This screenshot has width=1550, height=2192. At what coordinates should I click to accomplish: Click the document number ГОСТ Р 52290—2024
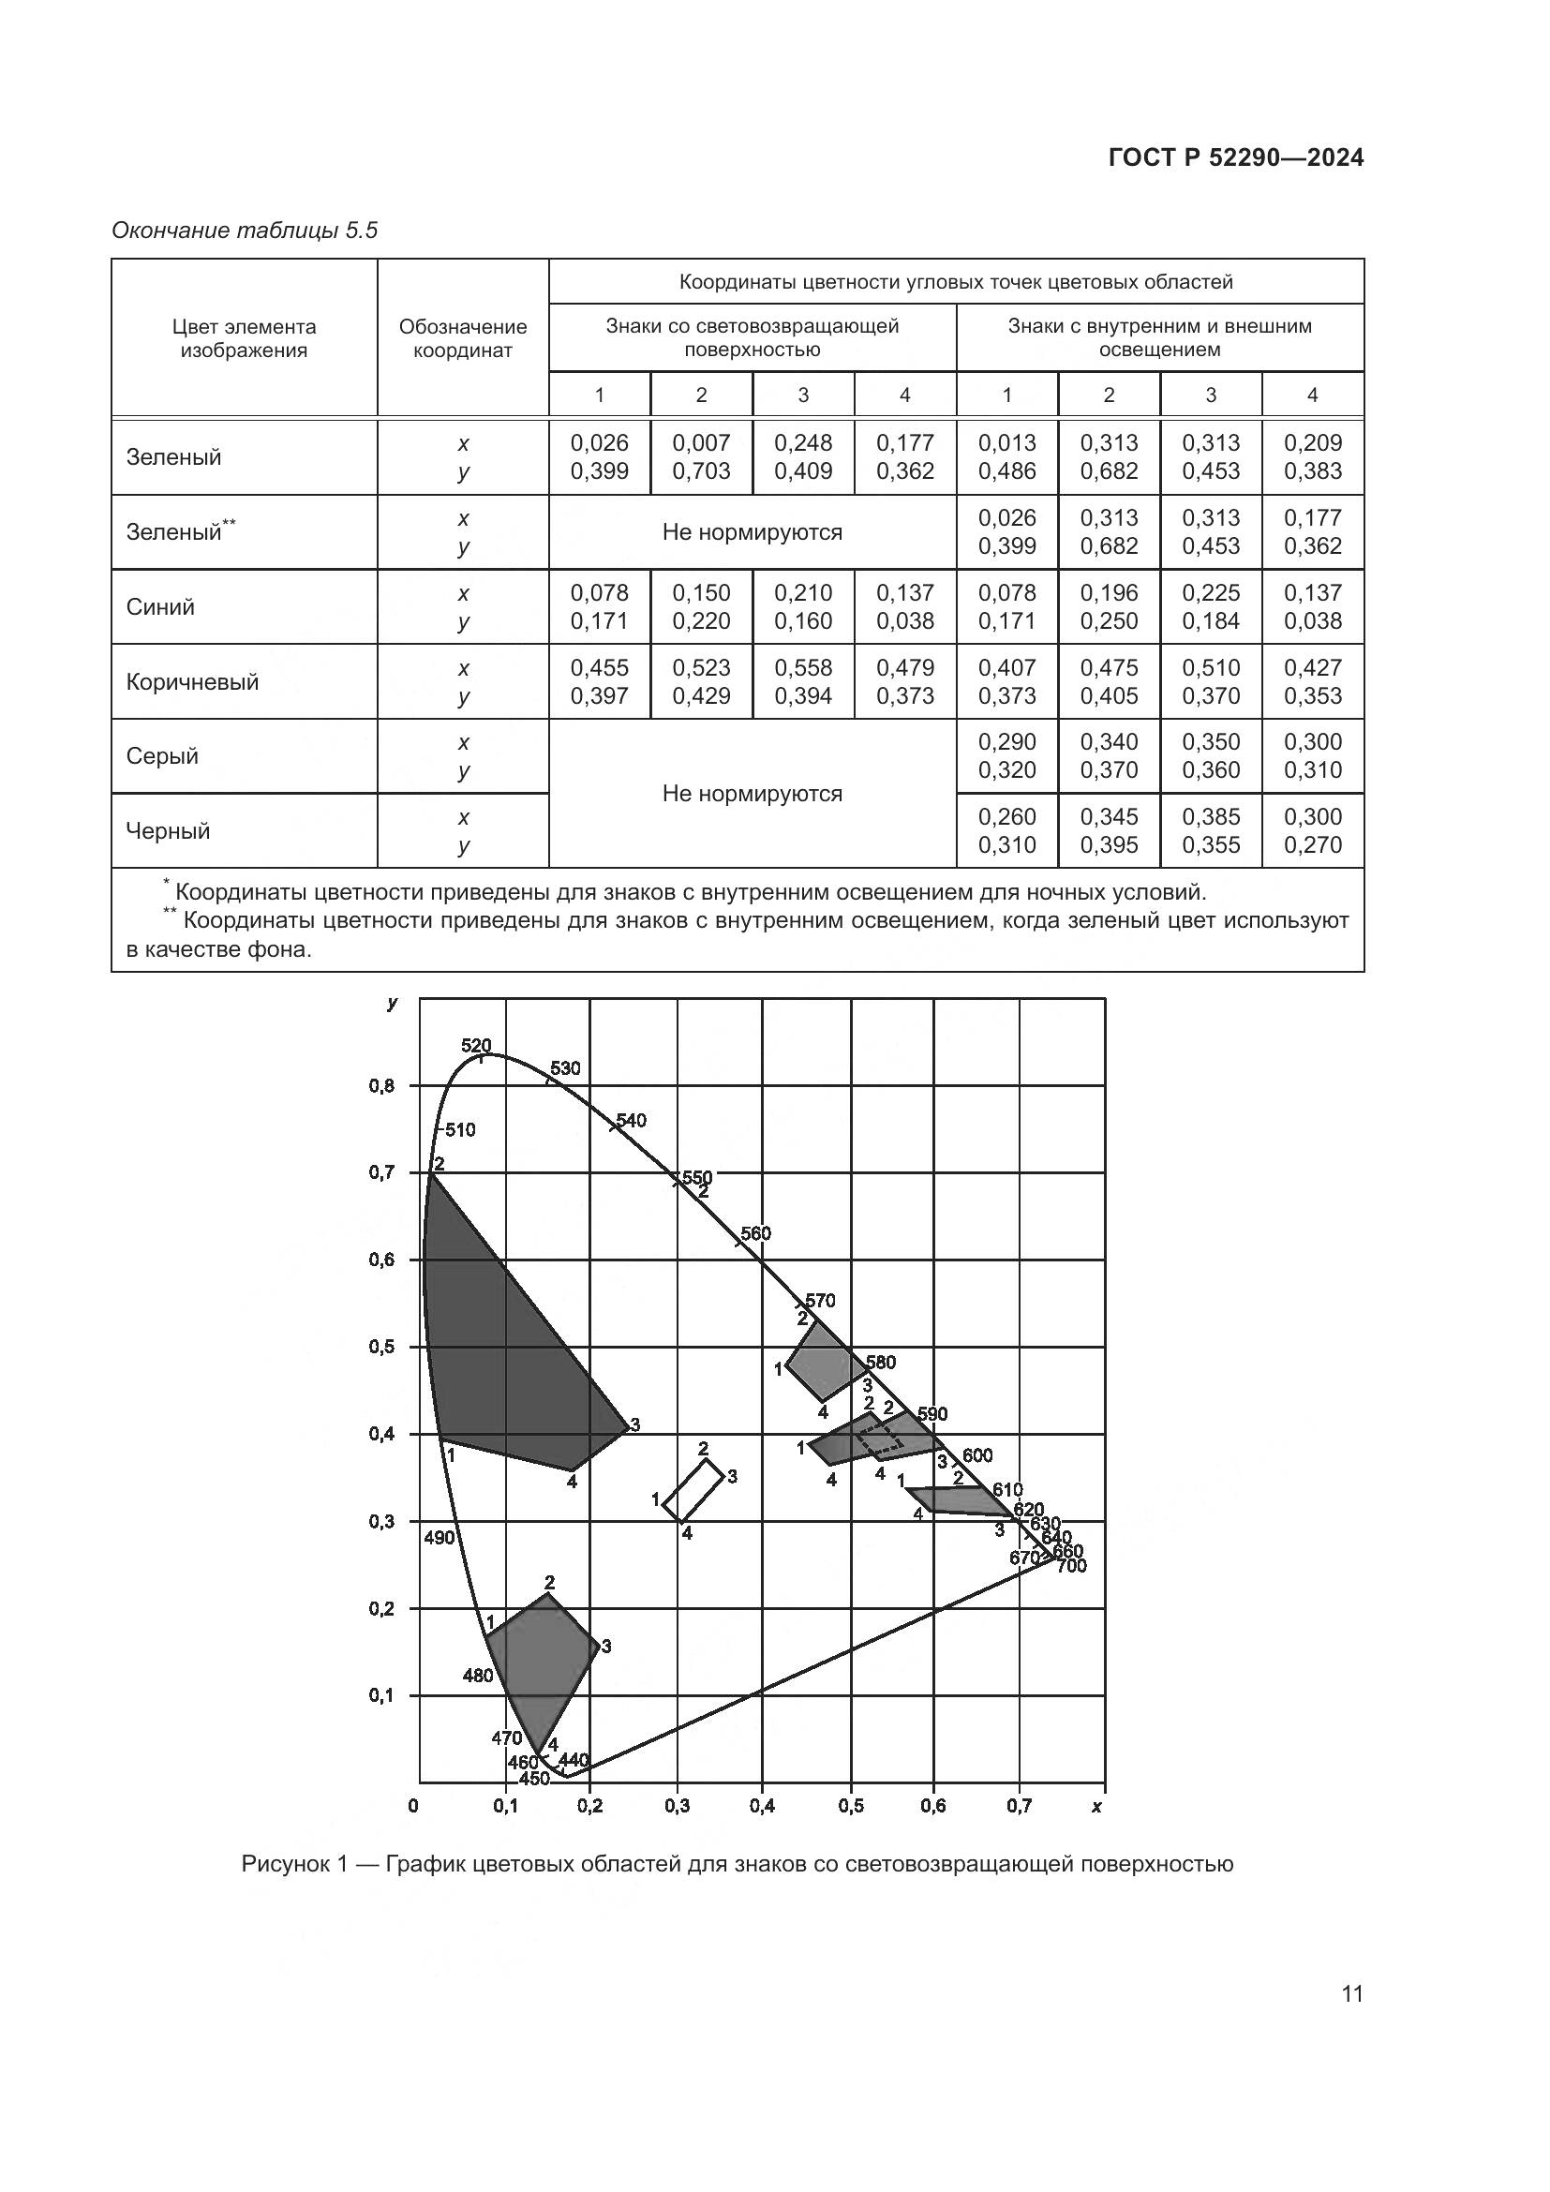coord(1235,158)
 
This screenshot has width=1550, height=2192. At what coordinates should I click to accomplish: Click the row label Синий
coord(160,607)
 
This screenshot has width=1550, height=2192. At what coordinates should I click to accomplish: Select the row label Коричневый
coord(192,681)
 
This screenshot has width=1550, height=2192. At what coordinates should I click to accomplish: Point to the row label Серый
coord(162,756)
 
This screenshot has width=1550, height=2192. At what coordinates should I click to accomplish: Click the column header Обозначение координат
coord(463,339)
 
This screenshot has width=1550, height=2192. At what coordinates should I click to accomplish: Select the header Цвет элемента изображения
coord(245,339)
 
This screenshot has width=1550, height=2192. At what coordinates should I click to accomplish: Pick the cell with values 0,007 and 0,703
coord(702,457)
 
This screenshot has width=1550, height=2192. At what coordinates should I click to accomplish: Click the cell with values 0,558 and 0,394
coord(804,681)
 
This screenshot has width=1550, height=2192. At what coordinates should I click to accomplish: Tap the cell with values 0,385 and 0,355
coord(1211,830)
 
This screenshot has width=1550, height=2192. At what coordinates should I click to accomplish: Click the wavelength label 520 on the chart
coord(475,1046)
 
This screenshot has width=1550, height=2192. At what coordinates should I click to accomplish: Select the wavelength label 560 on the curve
coord(755,1233)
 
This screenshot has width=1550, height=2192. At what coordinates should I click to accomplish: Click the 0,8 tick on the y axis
coord(382,1085)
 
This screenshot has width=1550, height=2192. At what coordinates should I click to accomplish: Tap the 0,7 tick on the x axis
coord(1019,1806)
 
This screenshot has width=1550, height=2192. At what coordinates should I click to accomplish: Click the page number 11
coord(1351,1993)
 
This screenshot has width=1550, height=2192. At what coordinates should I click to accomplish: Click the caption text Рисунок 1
coord(292,1864)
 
